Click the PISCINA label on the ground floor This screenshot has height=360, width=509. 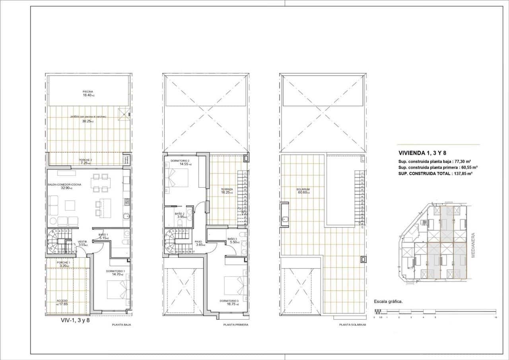(88, 91)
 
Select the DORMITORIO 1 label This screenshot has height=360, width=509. (116, 271)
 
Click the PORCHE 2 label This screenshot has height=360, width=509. (85, 160)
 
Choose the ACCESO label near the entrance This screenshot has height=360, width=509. (62, 300)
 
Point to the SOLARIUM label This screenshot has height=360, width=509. (303, 189)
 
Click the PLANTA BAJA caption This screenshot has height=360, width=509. (122, 325)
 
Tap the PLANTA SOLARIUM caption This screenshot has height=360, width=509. (352, 325)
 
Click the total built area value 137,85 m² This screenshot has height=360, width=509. (462, 173)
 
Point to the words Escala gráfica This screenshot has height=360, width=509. (389, 302)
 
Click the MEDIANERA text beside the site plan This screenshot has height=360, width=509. (473, 245)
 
